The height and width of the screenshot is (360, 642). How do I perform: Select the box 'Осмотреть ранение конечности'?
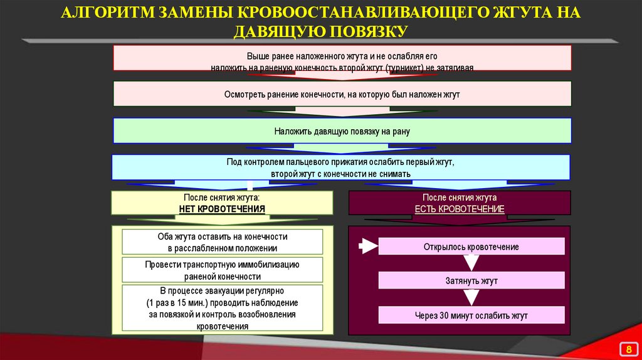(342, 93)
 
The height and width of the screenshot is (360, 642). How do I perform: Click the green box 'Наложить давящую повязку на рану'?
(342, 131)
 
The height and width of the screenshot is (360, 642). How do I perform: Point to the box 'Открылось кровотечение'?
(471, 247)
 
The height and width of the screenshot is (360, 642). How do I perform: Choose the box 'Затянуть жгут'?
(471, 281)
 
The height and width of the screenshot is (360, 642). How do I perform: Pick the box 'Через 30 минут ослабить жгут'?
(471, 315)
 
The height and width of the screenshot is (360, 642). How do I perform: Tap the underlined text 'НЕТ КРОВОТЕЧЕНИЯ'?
(222, 208)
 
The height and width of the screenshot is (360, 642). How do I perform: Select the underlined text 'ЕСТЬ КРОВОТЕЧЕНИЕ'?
(460, 208)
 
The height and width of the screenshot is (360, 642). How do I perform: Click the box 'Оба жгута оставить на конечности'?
(222, 242)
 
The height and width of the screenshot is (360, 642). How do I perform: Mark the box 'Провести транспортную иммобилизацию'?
(222, 270)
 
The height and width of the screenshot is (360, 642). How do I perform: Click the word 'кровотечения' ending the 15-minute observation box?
(222, 326)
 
